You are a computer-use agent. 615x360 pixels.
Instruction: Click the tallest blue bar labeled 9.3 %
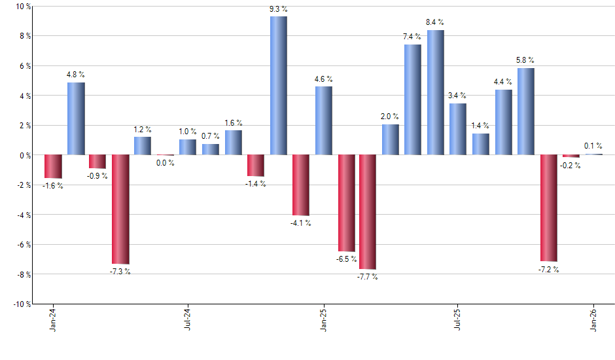pyautogui.click(x=278, y=85)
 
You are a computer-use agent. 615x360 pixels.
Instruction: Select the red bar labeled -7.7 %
pyautogui.click(x=368, y=211)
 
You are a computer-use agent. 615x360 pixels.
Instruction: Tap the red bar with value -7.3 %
pyautogui.click(x=120, y=209)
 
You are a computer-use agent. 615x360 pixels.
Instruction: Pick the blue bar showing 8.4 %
pyautogui.click(x=436, y=92)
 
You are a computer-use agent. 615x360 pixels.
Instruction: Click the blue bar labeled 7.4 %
pyautogui.click(x=413, y=99)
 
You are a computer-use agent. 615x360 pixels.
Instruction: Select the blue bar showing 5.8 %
pyautogui.click(x=525, y=111)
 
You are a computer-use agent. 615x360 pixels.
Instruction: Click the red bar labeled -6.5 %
pyautogui.click(x=346, y=203)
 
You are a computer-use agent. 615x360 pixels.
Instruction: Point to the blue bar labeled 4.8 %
pyautogui.click(x=76, y=118)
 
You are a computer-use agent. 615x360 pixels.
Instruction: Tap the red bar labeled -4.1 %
pyautogui.click(x=300, y=185)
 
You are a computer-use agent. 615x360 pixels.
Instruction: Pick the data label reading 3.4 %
pyautogui.click(x=457, y=96)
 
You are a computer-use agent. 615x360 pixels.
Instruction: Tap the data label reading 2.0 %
pyautogui.click(x=391, y=117)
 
